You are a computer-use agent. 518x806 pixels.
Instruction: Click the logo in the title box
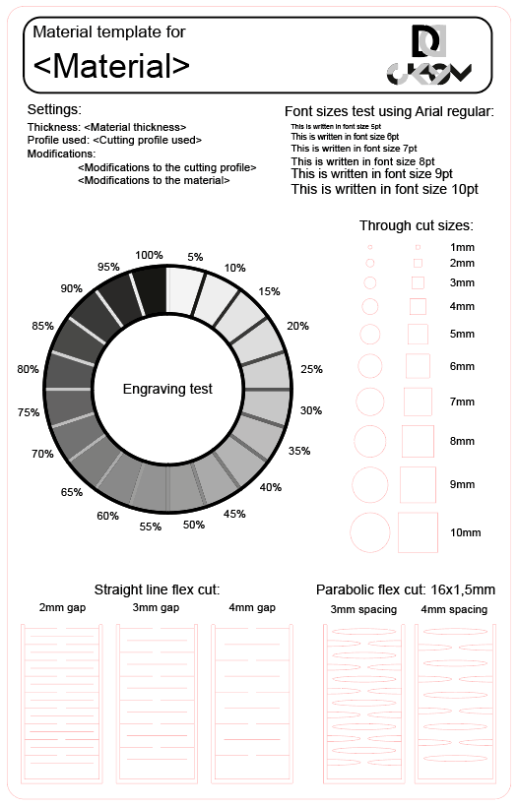pyautogui.click(x=428, y=55)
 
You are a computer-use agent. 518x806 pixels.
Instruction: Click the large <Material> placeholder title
pyautogui.click(x=111, y=66)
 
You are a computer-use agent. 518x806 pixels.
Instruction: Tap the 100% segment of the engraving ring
pyautogui.click(x=153, y=291)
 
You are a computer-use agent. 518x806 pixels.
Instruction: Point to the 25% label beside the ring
pyautogui.click(x=312, y=369)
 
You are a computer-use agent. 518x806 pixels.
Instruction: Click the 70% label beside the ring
pyautogui.click(x=42, y=454)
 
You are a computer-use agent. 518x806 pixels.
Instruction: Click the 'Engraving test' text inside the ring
pyautogui.click(x=167, y=389)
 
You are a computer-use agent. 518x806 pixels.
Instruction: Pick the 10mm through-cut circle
pyautogui.click(x=370, y=532)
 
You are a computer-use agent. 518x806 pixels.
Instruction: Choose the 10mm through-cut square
pyautogui.click(x=418, y=532)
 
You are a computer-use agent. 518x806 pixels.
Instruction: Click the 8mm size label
pyautogui.click(x=462, y=441)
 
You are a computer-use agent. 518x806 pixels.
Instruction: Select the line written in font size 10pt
pyautogui.click(x=385, y=190)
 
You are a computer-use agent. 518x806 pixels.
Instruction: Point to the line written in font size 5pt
pyautogui.click(x=336, y=126)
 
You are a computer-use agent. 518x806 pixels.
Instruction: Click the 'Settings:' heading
pyautogui.click(x=54, y=109)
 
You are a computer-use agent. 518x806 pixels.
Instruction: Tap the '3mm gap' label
pyautogui.click(x=156, y=607)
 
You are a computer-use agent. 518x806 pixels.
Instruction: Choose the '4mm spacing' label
pyautogui.click(x=454, y=609)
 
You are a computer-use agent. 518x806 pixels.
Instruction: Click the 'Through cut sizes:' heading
pyautogui.click(x=417, y=225)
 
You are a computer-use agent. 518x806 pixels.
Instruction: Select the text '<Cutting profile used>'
pyautogui.click(x=147, y=141)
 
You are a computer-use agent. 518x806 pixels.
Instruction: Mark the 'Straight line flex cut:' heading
pyautogui.click(x=157, y=589)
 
